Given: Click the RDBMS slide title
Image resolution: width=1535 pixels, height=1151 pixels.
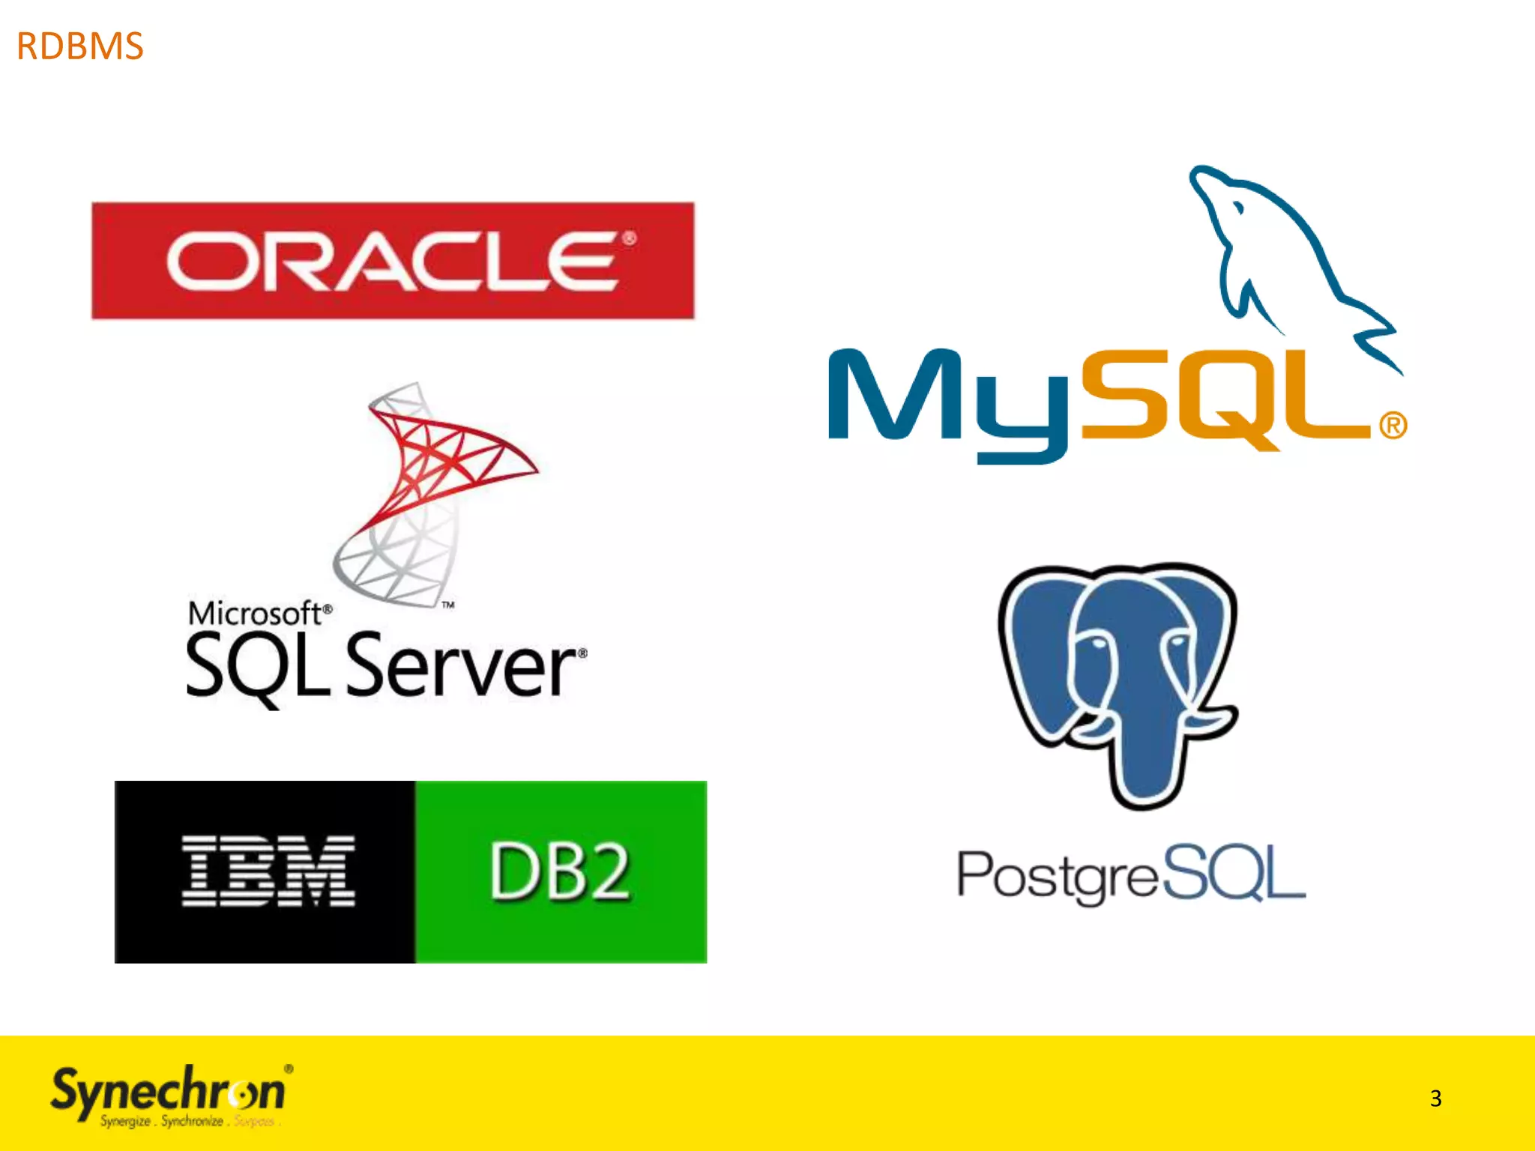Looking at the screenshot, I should [x=79, y=46].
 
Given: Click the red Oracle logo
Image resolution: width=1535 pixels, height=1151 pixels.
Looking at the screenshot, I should [x=393, y=260].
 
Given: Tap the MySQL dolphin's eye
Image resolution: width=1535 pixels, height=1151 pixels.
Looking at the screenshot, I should [x=1239, y=208].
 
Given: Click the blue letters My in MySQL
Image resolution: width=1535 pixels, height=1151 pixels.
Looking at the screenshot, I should [x=948, y=401].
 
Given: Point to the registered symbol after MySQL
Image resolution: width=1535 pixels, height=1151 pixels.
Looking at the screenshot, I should [x=1393, y=426].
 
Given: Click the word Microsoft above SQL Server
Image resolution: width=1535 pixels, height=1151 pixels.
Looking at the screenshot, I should [x=254, y=614].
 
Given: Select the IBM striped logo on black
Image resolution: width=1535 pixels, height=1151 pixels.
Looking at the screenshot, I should [x=268, y=871].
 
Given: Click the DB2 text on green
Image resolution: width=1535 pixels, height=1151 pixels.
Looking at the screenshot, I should [x=560, y=871].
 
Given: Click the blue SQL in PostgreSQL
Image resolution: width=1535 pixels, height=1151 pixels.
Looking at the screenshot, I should [x=1233, y=872].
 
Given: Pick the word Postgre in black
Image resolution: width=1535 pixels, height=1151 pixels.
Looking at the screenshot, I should [x=1057, y=874].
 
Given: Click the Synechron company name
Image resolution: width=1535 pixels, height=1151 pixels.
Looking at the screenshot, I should [x=168, y=1091].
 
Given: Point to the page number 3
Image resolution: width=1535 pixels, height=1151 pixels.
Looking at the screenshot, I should [x=1435, y=1099].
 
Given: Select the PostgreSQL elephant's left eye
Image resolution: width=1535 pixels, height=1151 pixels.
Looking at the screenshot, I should [x=1097, y=644].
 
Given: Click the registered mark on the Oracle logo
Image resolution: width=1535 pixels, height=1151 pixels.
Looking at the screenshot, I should [x=629, y=239].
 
